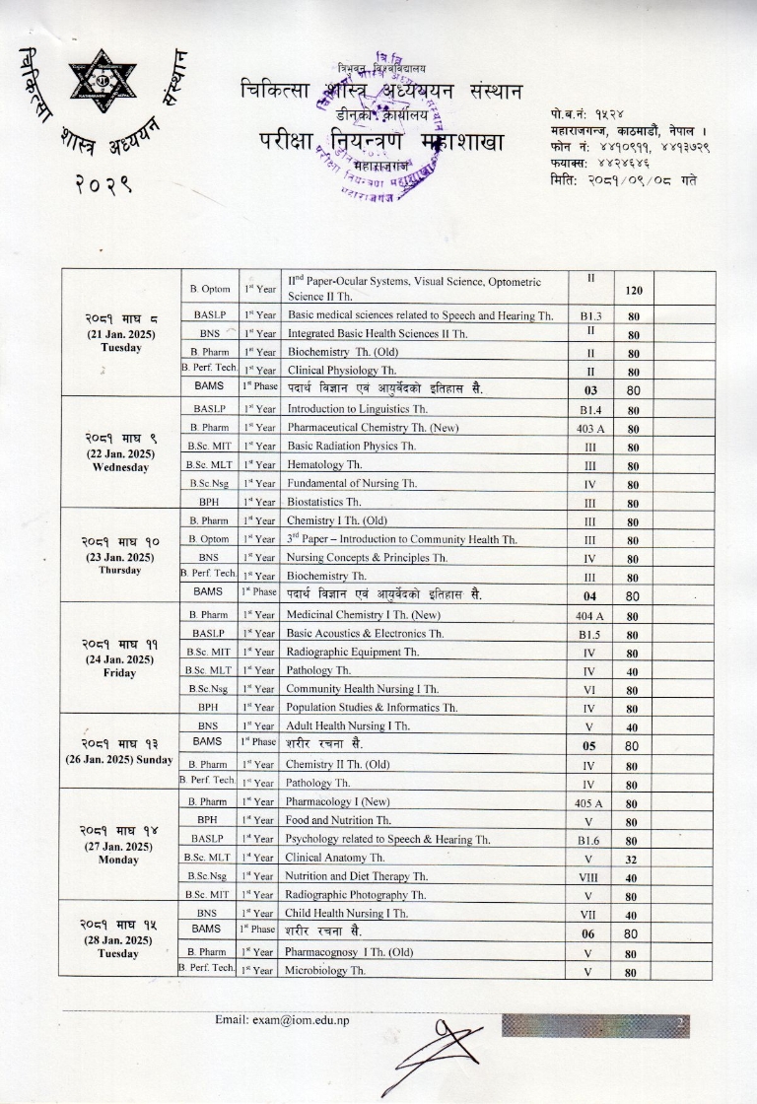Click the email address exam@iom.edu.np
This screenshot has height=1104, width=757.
[281, 1019]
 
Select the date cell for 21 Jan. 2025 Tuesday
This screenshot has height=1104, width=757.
[120, 333]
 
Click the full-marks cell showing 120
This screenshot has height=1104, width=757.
[635, 292]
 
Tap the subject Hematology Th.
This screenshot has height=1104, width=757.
[325, 464]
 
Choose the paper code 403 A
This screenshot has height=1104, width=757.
[590, 428]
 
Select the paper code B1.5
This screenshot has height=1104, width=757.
[590, 633]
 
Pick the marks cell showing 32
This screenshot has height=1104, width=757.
[635, 858]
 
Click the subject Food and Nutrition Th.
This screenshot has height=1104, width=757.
[339, 820]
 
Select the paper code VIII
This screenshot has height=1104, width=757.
[590, 876]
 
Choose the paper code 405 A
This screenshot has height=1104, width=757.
[590, 801]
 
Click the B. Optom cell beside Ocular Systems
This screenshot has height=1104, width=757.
[210, 289]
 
